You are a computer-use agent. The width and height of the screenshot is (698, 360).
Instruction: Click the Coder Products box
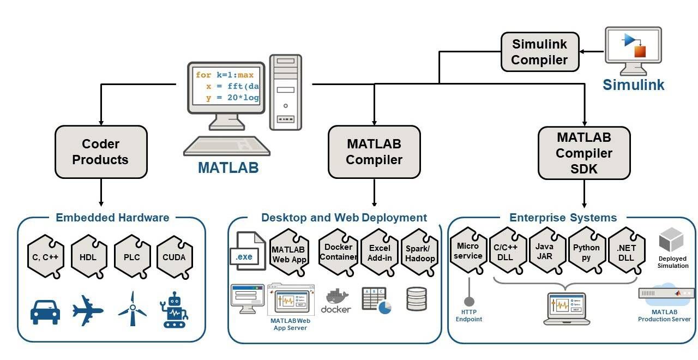pos(101,152)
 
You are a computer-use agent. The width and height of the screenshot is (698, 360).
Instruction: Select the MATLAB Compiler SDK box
pos(584,153)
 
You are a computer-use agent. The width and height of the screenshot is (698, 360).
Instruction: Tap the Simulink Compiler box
pos(540,52)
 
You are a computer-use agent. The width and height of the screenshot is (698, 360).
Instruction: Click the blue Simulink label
pos(634,85)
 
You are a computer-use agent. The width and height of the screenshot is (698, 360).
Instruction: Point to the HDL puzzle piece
pos(89,257)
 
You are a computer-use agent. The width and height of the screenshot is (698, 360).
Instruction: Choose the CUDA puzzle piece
pos(174,257)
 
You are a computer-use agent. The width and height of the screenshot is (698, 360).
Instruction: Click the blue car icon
pos(45,311)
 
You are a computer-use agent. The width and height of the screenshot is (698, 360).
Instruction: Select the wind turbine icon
pos(132,309)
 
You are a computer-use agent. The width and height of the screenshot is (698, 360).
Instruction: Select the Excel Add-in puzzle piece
pos(380,253)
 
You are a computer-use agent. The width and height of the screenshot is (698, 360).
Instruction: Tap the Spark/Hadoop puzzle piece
pos(420,253)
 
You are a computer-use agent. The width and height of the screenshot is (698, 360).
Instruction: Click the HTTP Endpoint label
pos(468,316)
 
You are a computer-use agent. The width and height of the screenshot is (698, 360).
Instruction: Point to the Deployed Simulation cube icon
pos(671,241)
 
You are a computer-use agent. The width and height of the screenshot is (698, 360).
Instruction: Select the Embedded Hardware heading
pos(112,218)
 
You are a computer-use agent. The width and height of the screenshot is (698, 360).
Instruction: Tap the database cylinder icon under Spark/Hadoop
pos(416,299)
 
